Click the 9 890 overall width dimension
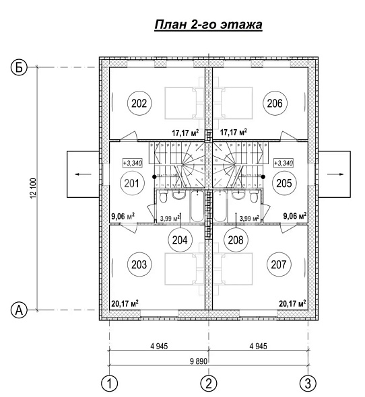(199, 361)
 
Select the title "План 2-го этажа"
(208, 25)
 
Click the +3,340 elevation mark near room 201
(133, 163)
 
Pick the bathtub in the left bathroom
(197, 206)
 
